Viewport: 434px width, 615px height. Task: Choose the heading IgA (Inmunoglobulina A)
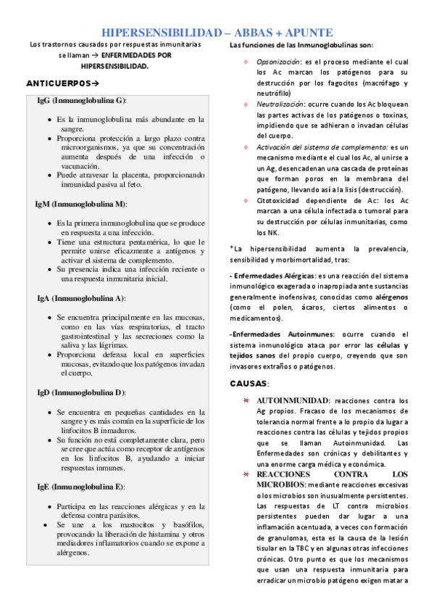point(81,298)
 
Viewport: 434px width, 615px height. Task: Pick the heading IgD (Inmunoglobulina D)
point(81,392)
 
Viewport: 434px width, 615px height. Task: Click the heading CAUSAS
point(249,382)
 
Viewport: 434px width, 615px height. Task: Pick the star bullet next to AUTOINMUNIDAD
point(246,400)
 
